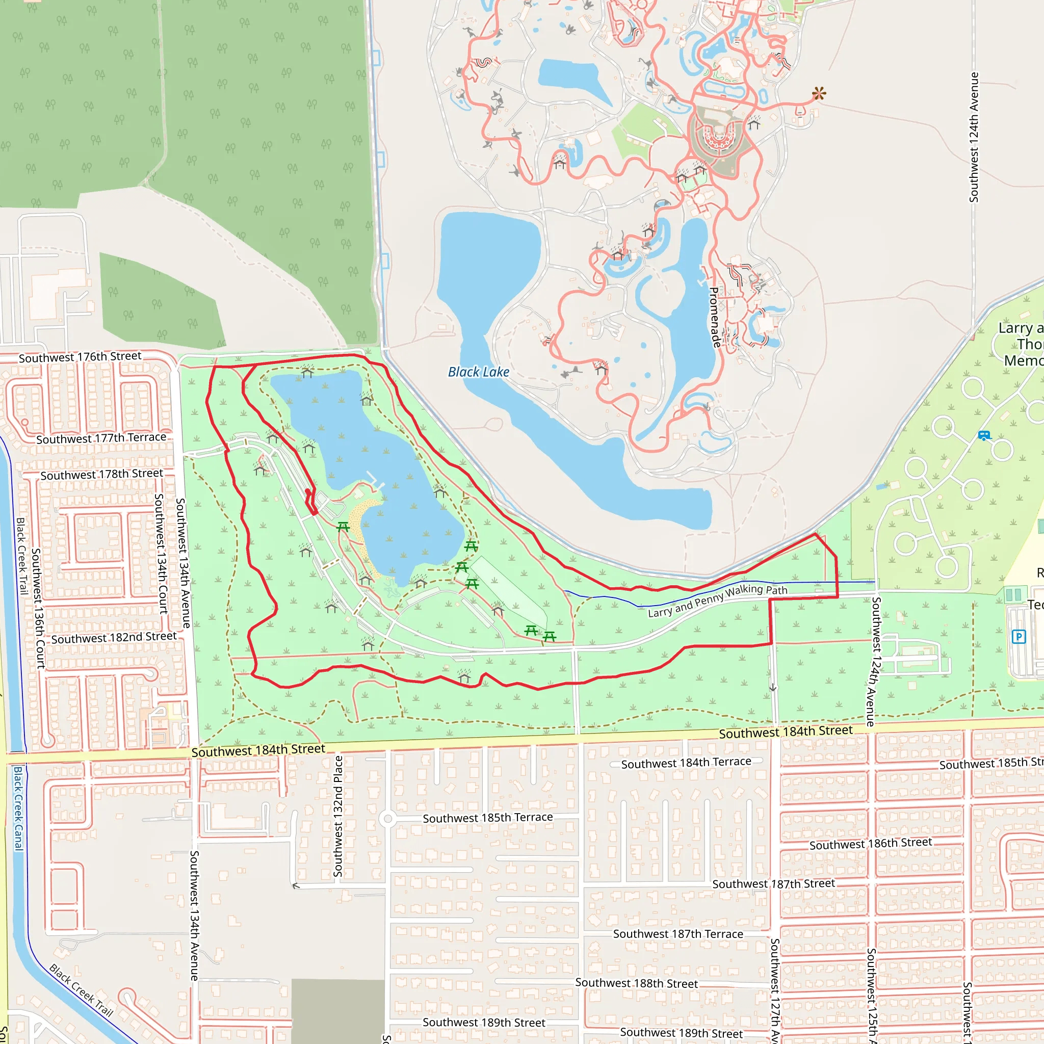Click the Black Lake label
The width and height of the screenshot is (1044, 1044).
[x=478, y=372]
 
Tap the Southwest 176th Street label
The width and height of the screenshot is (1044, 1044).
[x=80, y=357]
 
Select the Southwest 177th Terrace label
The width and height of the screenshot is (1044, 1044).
[x=101, y=438]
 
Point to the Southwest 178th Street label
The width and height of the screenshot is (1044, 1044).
[x=101, y=475]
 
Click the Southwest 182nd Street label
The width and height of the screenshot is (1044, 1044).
[x=114, y=638]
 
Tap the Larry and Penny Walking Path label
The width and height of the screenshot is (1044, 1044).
[x=718, y=601]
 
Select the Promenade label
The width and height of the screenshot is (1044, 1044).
[x=714, y=317]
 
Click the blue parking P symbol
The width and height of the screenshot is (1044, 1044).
[x=1019, y=637]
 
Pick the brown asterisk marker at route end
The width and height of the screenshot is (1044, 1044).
[x=819, y=94]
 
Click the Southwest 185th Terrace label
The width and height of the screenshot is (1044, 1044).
[x=487, y=818]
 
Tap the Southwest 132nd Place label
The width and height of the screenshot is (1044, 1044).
[x=338, y=816]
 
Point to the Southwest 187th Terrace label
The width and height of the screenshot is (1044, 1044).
[x=677, y=934]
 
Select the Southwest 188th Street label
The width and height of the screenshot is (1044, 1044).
[x=636, y=983]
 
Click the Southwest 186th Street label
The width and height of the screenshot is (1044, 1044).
[x=870, y=844]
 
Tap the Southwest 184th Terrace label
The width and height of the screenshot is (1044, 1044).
[x=686, y=763]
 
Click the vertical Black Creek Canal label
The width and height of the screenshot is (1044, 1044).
[x=18, y=808]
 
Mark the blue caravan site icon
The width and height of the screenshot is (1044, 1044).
[x=984, y=435]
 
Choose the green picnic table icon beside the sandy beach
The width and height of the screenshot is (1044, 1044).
[x=343, y=526]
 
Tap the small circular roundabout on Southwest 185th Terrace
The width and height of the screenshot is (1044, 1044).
[x=387, y=819]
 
